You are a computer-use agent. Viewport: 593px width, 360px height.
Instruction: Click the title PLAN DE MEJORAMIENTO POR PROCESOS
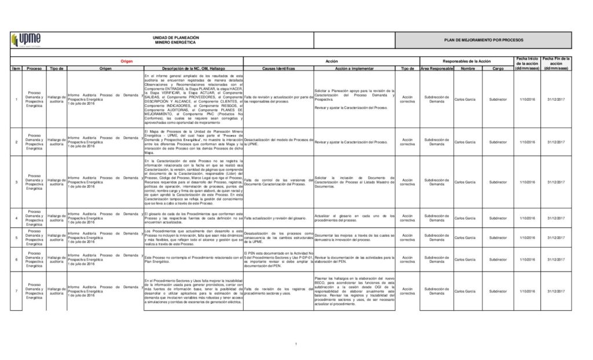[483, 40]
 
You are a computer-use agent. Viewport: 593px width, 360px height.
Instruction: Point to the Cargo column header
[498, 68]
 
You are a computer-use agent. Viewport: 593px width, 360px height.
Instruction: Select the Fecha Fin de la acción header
[557, 63]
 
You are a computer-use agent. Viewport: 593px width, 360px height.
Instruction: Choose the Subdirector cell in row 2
[498, 142]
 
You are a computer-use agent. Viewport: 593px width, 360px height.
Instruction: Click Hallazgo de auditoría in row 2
[57, 142]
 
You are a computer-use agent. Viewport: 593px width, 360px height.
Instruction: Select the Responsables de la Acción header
[466, 61]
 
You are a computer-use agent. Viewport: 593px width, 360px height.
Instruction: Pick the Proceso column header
[34, 68]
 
